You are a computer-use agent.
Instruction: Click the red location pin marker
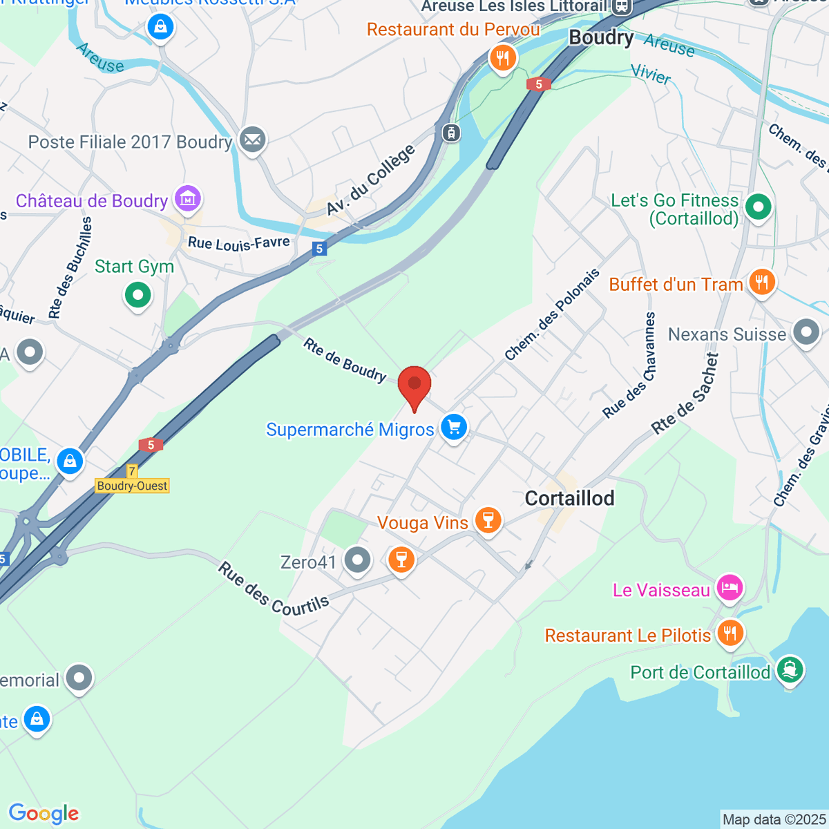[x=414, y=385]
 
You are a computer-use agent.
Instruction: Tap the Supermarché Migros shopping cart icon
[x=454, y=427]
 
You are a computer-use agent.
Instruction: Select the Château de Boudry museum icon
[x=187, y=199]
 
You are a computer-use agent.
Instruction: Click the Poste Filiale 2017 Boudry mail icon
[x=252, y=140]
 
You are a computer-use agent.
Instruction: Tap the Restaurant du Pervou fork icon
[x=503, y=58]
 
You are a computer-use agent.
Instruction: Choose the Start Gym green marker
[x=137, y=296]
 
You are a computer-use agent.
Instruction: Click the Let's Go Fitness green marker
[x=759, y=207]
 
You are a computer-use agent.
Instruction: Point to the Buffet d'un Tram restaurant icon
[x=761, y=283]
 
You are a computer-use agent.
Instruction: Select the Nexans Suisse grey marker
[x=806, y=332]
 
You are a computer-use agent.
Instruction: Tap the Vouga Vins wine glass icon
[x=488, y=520]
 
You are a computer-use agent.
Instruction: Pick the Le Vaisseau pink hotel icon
[x=730, y=588]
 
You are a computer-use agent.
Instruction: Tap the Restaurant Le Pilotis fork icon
[x=730, y=633]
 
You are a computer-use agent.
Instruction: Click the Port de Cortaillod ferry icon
[x=790, y=669]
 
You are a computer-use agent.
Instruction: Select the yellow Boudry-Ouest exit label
[x=133, y=486]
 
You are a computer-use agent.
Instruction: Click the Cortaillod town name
[x=569, y=498]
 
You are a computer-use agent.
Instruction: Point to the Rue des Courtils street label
[x=274, y=589]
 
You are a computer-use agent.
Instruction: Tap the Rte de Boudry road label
[x=345, y=359]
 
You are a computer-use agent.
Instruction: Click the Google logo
[x=44, y=814]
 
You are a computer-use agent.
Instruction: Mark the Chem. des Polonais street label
[x=552, y=315]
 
